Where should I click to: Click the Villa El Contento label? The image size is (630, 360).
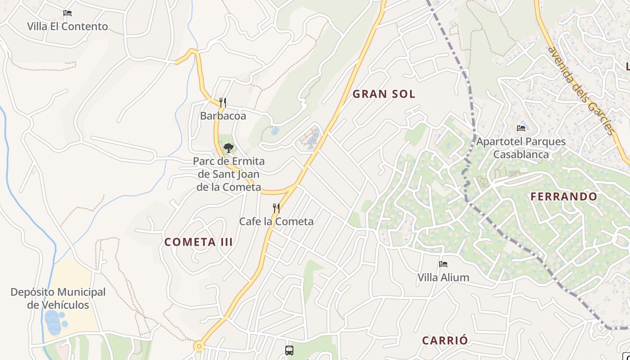[67, 27]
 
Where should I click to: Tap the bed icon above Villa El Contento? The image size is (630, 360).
[67, 13]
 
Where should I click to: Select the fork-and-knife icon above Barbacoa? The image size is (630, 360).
[223, 102]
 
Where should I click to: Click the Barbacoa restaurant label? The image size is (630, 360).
[223, 116]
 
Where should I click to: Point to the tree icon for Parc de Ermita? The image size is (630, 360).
[229, 148]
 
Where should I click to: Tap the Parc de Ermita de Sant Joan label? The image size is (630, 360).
[229, 174]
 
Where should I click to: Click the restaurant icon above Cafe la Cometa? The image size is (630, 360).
[276, 208]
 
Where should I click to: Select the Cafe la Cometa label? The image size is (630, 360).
[276, 221]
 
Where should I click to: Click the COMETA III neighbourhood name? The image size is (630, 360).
[198, 242]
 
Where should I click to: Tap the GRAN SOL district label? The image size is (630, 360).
[384, 94]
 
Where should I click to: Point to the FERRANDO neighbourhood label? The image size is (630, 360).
[564, 197]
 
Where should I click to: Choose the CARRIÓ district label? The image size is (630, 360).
[445, 341]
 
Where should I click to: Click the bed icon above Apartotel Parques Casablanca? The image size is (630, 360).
[521, 128]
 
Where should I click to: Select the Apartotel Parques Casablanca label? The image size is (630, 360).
[521, 148]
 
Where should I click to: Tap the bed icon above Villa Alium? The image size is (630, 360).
[443, 264]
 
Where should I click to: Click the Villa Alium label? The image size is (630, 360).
[443, 278]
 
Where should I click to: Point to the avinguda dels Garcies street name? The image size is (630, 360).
[580, 90]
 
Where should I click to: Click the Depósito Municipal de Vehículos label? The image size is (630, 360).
[58, 298]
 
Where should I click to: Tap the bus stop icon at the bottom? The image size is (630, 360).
[289, 350]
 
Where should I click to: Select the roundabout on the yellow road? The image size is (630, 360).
[199, 346]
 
